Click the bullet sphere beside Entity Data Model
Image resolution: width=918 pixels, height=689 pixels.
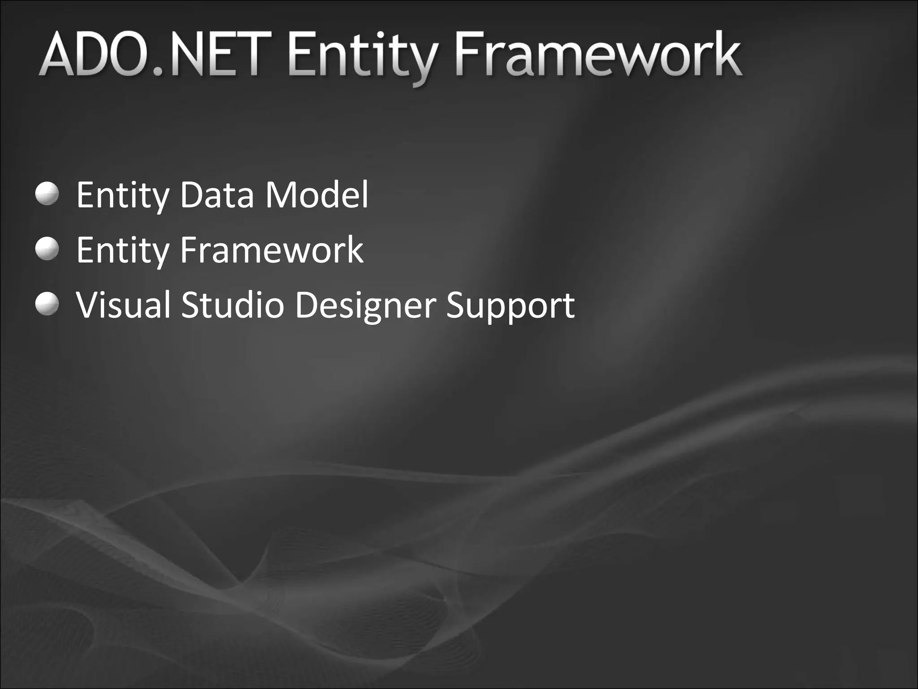coord(47,194)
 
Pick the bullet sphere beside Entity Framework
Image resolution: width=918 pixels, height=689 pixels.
coord(47,249)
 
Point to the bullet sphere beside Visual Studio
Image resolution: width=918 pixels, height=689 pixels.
coord(47,304)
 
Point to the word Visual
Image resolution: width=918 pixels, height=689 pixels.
coord(124,305)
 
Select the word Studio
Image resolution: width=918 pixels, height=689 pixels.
coord(233,305)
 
